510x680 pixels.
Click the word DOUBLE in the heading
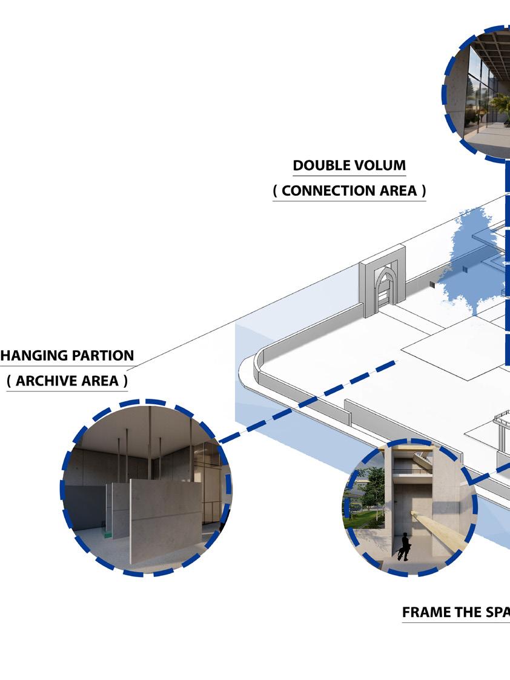tap(318, 165)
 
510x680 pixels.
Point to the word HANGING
tap(32, 355)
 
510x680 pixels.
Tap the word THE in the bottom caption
tap(467, 612)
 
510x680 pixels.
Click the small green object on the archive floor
tap(108, 533)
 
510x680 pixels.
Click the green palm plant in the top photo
tap(500, 106)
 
